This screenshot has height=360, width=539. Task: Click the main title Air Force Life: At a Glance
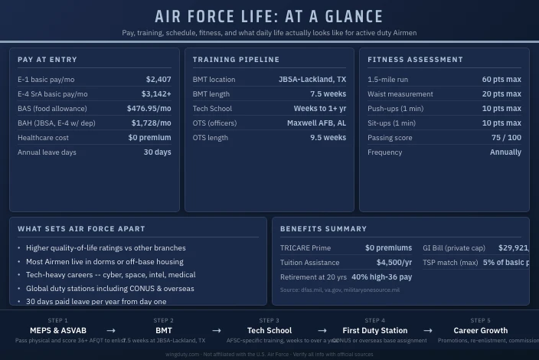point(269,17)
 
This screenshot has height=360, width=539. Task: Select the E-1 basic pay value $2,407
point(158,80)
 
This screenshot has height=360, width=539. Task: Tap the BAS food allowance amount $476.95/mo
point(149,109)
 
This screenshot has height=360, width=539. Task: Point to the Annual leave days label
point(47,152)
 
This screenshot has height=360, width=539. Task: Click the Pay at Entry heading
point(47,60)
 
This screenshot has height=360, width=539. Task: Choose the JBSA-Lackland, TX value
point(312,80)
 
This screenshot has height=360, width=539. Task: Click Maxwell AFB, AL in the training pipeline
point(316,123)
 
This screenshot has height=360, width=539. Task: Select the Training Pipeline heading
point(236,60)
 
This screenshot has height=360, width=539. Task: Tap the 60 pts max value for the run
point(501,80)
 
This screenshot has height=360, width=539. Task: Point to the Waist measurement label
point(400,94)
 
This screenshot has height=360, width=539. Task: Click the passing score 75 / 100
point(506,138)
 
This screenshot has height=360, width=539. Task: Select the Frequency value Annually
point(505,152)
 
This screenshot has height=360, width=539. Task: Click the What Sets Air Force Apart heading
point(81,229)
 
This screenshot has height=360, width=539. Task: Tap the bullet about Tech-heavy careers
point(110,275)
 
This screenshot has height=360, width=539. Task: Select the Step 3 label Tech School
point(269,331)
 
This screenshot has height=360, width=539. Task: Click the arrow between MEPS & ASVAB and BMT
point(111,331)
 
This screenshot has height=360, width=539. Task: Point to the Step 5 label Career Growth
point(480,331)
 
